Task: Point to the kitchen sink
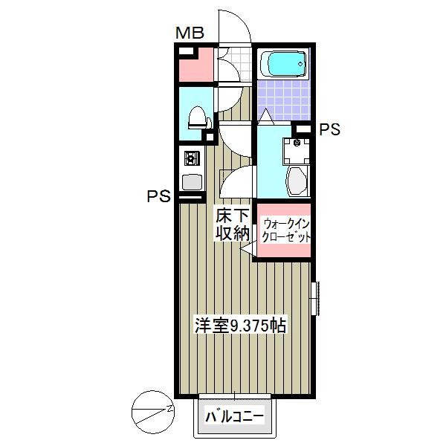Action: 190,181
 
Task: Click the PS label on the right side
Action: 329,129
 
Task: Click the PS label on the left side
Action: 158,197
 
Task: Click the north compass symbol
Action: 152,409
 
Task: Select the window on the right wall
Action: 314,297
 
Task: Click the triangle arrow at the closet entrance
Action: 246,252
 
